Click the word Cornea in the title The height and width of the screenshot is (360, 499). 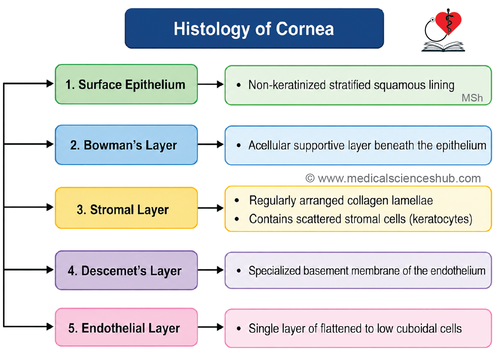305,29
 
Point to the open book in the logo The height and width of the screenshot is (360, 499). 443,47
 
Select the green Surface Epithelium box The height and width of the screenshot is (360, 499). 126,84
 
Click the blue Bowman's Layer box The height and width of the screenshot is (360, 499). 126,145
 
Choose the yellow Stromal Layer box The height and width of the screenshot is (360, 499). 126,208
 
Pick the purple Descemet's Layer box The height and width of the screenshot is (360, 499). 126,270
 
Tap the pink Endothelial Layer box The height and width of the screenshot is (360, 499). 126,327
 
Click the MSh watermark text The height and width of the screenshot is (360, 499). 472,98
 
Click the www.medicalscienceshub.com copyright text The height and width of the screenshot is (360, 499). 393,178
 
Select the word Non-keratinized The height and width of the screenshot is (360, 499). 287,85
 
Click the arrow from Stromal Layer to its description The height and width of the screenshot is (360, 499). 211,208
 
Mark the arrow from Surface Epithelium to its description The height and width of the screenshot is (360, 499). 211,84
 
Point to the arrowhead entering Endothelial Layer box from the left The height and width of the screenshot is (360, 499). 50,327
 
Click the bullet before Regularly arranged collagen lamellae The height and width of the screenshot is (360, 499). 237,200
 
